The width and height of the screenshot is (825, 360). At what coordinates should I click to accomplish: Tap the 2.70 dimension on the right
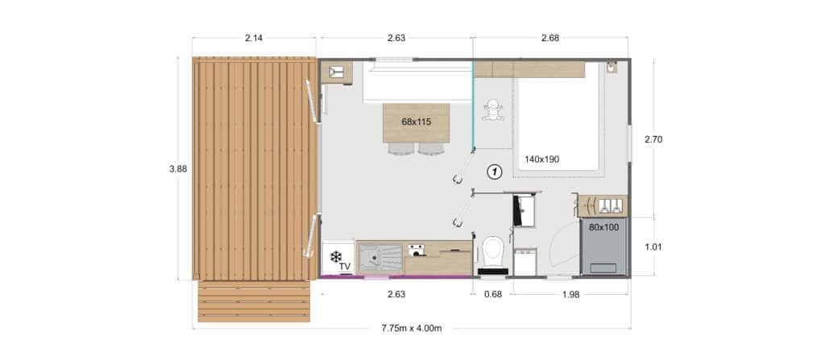point(653,139)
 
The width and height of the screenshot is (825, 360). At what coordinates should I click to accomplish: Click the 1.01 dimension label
point(653,247)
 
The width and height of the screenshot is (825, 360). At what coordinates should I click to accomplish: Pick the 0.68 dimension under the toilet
point(492,294)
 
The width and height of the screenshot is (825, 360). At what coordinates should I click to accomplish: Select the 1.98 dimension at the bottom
point(570,294)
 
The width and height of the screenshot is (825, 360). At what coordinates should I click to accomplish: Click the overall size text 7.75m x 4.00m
point(412,329)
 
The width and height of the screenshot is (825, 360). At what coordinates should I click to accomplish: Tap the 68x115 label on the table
point(416,122)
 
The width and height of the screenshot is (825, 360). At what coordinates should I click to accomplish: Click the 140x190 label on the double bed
point(541,159)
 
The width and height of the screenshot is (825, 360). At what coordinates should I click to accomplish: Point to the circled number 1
point(495,171)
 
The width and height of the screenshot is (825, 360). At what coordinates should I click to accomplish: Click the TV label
point(344,266)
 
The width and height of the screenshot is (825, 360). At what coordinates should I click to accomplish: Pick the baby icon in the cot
point(492,112)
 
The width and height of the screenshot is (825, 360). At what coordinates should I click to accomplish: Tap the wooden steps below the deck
point(254,301)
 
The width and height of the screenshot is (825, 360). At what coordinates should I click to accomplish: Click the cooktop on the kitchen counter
point(417,250)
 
